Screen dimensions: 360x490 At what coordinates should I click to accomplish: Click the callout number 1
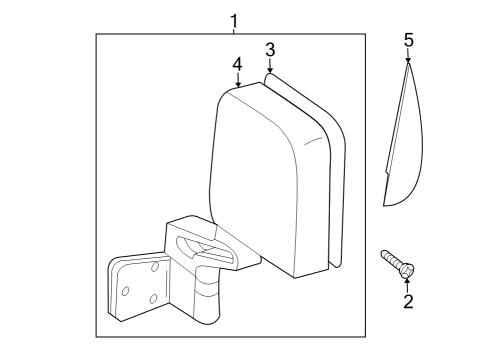234,20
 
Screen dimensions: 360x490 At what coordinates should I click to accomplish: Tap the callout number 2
407,300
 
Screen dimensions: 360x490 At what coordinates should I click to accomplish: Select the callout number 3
270,50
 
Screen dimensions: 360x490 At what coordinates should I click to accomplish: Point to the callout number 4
237,63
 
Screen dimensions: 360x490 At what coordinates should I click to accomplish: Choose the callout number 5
407,41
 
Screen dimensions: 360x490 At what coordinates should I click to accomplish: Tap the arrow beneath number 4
237,83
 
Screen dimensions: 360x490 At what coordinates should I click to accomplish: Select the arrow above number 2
407,282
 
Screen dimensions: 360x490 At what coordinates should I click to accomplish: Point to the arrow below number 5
407,60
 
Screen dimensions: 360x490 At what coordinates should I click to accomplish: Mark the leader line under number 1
234,31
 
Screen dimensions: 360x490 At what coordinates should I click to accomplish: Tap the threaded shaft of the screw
389,259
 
